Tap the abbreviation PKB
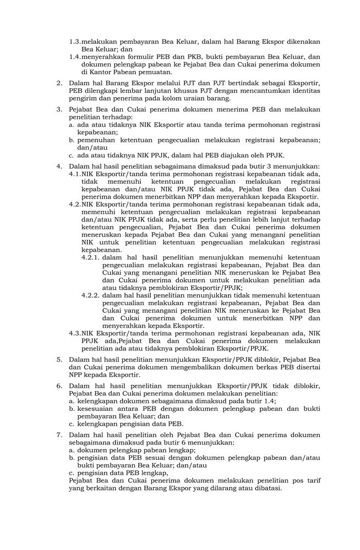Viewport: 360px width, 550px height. point(195,56)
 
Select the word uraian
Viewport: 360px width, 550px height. point(183,98)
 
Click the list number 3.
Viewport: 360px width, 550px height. point(59,109)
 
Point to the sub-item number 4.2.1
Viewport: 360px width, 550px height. point(90,257)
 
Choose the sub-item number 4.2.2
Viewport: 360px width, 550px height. point(90,295)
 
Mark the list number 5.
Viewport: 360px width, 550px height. point(59,359)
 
